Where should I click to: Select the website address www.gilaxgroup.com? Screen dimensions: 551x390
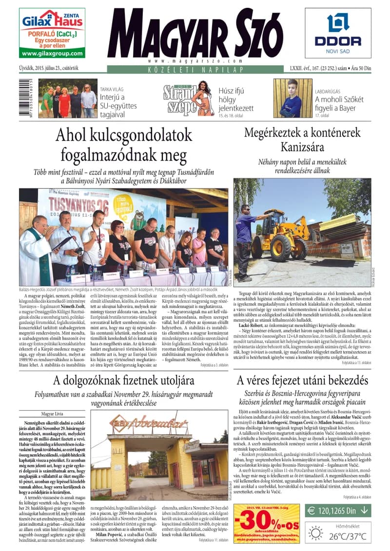point(52,54)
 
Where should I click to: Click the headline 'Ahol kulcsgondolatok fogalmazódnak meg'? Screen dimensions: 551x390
point(124,145)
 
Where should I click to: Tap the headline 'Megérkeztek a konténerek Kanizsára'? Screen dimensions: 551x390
point(302,139)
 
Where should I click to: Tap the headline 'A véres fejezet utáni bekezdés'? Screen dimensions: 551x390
point(302,380)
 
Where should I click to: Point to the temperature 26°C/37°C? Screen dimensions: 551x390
point(349,537)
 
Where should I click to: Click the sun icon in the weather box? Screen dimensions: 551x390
point(315,534)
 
